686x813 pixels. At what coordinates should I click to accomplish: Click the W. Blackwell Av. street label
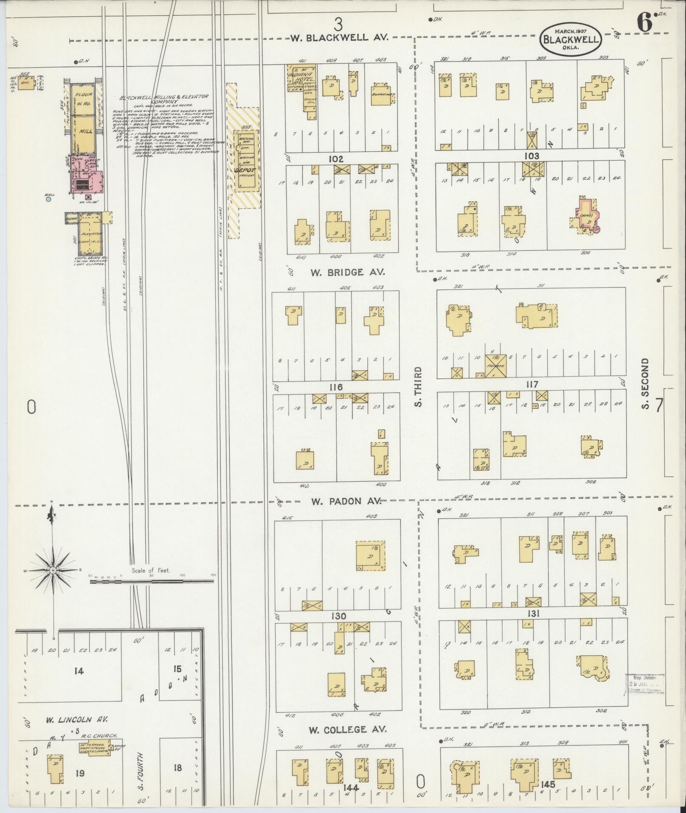339,37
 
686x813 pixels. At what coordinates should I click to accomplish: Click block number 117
532,385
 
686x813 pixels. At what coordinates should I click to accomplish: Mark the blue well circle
48,198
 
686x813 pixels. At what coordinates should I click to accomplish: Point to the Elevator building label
92,234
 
